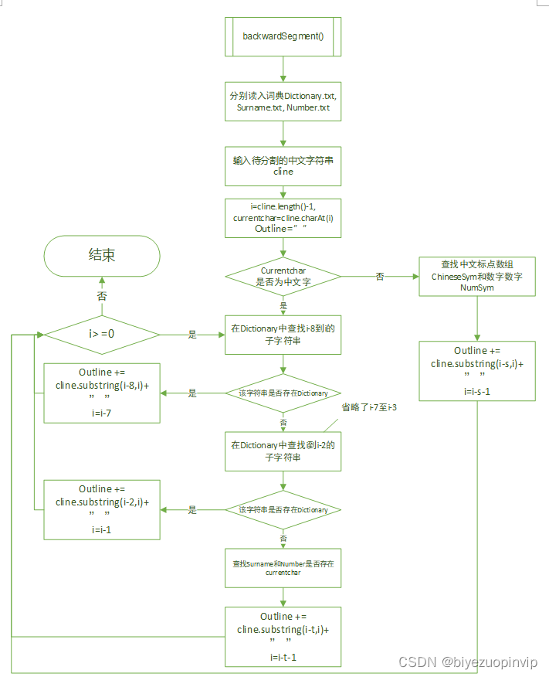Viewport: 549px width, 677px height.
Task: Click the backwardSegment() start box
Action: point(283,36)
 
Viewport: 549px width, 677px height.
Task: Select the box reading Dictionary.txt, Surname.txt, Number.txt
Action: point(283,101)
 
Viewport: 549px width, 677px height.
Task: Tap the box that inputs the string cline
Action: point(283,166)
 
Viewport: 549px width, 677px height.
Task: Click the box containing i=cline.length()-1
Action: point(283,218)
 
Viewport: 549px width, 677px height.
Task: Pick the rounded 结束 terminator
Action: point(102,256)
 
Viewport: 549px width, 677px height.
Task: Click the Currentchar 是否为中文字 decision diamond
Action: point(283,276)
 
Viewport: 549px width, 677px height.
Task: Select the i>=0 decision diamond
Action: point(102,335)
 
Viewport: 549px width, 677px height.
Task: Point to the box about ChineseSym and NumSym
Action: point(477,276)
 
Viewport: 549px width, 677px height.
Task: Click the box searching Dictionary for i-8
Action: point(283,335)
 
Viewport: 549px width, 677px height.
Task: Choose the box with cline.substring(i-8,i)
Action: point(102,393)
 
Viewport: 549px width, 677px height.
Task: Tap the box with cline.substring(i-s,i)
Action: point(477,371)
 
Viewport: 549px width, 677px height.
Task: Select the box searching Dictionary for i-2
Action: point(283,451)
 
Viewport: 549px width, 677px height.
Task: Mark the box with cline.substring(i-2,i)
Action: point(102,509)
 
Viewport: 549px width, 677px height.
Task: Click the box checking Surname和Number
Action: point(283,569)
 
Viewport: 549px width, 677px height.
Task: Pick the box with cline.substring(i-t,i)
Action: point(283,636)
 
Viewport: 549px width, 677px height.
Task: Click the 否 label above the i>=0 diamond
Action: point(102,296)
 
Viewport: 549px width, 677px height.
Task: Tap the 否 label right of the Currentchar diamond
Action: point(379,277)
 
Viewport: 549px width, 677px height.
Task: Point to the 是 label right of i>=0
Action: point(192,335)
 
